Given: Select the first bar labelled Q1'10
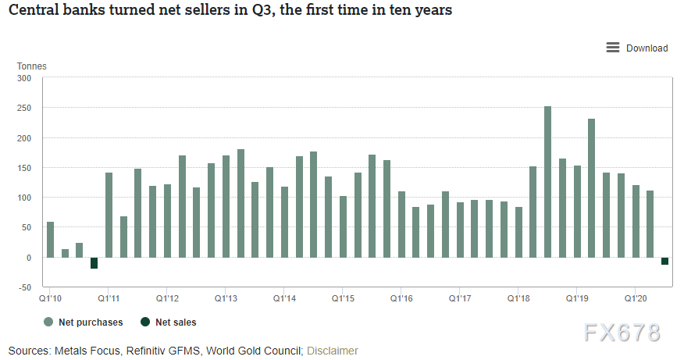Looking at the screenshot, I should (51, 240).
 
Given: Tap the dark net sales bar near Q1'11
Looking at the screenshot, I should (94, 263).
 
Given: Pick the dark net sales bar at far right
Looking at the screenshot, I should (664, 261).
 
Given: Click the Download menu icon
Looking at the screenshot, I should (613, 48).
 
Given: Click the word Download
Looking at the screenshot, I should (647, 48).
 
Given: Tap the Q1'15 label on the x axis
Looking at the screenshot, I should (344, 298).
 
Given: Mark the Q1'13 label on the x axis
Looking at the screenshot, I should (226, 298).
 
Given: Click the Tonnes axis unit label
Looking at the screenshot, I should (32, 66).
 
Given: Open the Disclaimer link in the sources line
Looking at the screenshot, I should (333, 351).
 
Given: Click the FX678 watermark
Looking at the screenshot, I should (622, 331).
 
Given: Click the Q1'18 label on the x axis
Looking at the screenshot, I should (518, 298).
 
